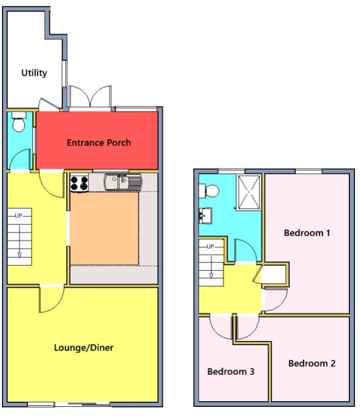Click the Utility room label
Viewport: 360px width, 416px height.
(34, 73)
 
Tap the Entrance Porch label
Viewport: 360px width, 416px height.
(99, 143)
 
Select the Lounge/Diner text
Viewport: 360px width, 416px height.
(84, 348)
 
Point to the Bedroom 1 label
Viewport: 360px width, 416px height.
(307, 233)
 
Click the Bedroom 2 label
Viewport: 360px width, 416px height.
(312, 364)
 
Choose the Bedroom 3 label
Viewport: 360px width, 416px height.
(231, 372)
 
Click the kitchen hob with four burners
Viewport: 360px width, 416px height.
(79, 182)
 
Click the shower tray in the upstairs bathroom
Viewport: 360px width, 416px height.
(248, 191)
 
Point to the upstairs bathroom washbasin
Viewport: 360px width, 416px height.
(206, 215)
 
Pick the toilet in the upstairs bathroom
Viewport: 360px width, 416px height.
(210, 191)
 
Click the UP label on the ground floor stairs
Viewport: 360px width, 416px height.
(19, 216)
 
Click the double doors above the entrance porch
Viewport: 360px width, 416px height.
(90, 97)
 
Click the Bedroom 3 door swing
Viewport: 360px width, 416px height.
(222, 327)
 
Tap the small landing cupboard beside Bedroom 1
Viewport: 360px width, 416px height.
(274, 275)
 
